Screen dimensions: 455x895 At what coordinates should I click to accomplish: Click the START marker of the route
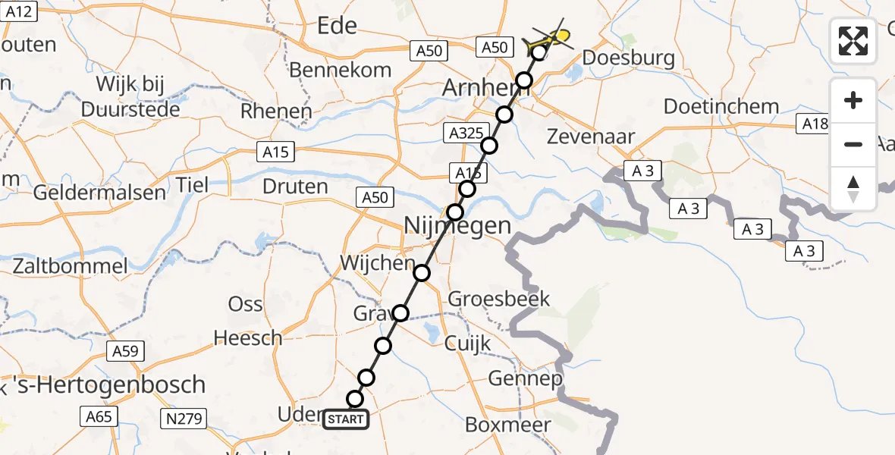tap(346, 419)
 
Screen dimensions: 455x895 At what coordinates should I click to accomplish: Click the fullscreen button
tap(853, 40)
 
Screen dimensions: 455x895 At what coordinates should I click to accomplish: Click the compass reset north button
tap(853, 189)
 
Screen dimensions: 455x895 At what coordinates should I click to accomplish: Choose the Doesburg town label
tap(627, 58)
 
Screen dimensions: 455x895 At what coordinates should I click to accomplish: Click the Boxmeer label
tap(507, 425)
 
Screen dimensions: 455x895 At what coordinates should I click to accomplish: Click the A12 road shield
tap(20, 11)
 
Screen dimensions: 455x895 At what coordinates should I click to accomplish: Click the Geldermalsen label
tap(99, 192)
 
